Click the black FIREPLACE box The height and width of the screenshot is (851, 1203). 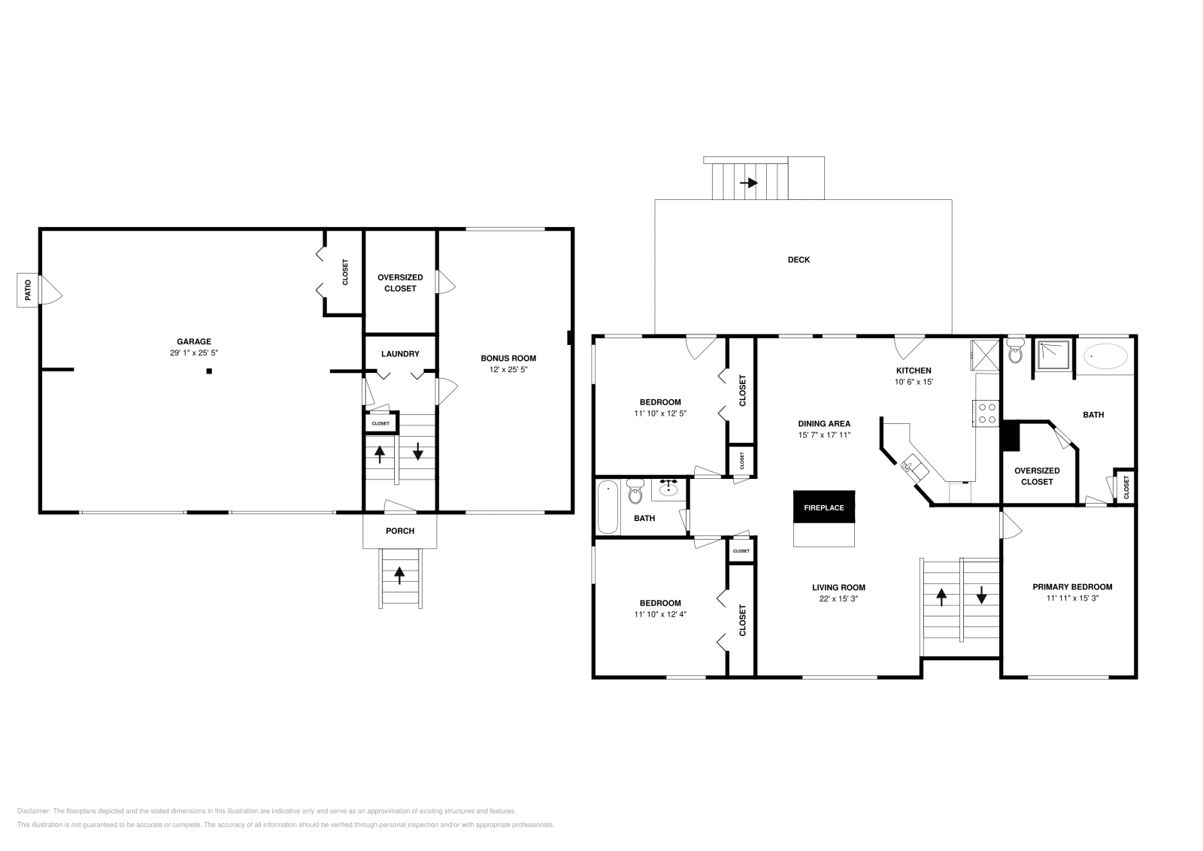click(824, 507)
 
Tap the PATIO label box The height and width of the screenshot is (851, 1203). click(29, 290)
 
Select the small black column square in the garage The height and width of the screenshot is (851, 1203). click(210, 371)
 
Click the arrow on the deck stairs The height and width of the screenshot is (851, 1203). click(749, 183)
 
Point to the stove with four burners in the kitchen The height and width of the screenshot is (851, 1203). click(987, 413)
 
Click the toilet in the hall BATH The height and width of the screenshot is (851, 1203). click(635, 493)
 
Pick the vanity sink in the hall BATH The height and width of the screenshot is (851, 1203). click(668, 489)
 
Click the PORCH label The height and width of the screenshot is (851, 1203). click(400, 531)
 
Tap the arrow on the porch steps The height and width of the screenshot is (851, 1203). click(400, 575)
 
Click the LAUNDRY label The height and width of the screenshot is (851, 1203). click(400, 354)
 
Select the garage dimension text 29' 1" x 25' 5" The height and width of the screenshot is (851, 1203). click(194, 353)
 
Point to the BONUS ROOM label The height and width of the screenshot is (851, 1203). click(508, 358)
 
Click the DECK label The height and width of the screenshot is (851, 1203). click(798, 260)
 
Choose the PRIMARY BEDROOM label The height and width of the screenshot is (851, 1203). click(1072, 587)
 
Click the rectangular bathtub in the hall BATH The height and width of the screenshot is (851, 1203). click(608, 507)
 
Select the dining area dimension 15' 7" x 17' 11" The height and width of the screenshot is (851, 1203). click(824, 435)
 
